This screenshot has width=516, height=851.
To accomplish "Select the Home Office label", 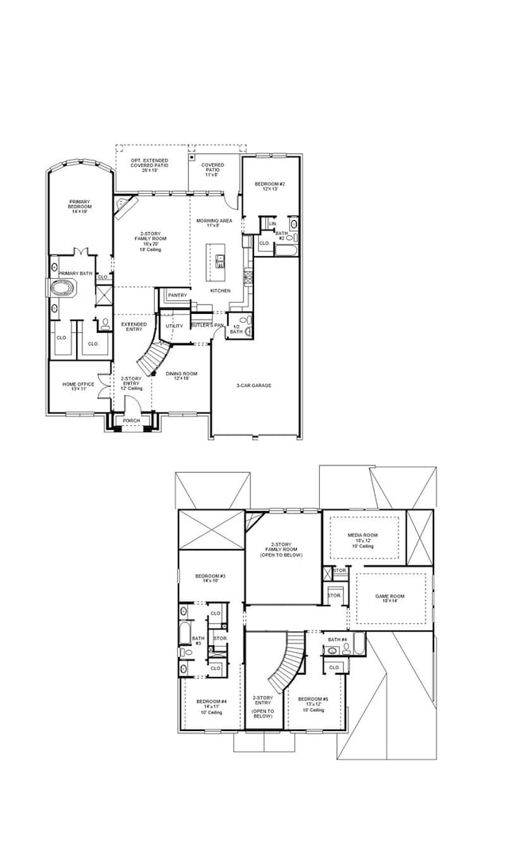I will (79, 386).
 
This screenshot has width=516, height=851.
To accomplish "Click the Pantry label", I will (177, 296).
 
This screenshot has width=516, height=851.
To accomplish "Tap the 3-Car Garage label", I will (254, 385).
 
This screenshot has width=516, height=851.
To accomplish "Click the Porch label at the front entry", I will (131, 420).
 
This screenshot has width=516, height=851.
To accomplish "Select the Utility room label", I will (174, 326).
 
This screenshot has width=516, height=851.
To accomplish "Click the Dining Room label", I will (176, 376).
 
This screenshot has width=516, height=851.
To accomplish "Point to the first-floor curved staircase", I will (152, 358).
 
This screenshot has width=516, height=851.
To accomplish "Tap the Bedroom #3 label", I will (212, 578).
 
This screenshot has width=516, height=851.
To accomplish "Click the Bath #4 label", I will (337, 640).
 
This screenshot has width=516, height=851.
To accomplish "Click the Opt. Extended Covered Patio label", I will (150, 165).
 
